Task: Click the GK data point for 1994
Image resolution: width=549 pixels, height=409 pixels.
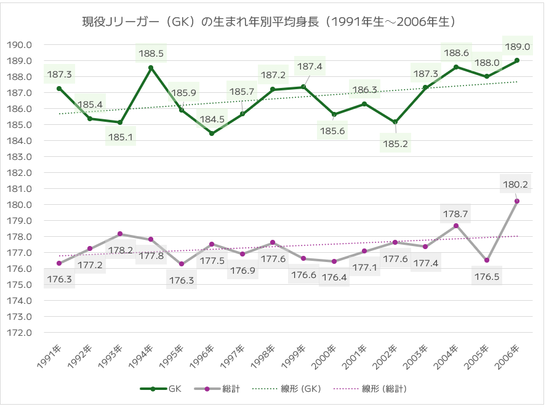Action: [151, 68]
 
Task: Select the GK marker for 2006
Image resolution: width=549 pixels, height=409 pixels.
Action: [517, 60]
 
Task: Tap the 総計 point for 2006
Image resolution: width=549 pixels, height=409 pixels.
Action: [517, 201]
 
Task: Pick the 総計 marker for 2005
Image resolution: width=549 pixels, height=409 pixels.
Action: [486, 260]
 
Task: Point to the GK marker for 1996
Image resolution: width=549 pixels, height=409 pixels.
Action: [212, 133]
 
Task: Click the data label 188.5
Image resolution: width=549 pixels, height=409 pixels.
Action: [151, 54]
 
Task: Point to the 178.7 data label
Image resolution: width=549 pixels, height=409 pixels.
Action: [455, 213]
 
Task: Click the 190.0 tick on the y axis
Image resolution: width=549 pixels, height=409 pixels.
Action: [20, 45]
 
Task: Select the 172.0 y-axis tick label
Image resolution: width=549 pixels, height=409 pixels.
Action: [20, 333]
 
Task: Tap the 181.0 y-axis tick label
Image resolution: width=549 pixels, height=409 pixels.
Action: [20, 189]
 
